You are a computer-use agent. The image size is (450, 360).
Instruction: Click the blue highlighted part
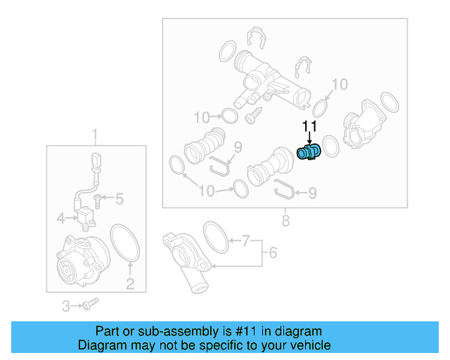tap(309, 153)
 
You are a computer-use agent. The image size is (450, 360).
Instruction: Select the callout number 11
tap(310, 127)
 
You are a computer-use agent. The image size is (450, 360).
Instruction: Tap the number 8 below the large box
tap(285, 221)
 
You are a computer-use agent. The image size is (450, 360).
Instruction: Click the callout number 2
tap(130, 284)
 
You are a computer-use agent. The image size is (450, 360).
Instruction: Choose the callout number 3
tap(66, 306)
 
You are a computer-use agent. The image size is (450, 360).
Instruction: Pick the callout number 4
tap(61, 219)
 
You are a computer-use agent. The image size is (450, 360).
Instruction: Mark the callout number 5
tap(120, 199)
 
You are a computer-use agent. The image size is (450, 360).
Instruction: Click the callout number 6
tap(272, 251)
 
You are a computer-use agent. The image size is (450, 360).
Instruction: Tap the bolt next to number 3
tap(89, 304)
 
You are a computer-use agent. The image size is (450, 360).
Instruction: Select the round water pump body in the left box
tap(82, 258)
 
